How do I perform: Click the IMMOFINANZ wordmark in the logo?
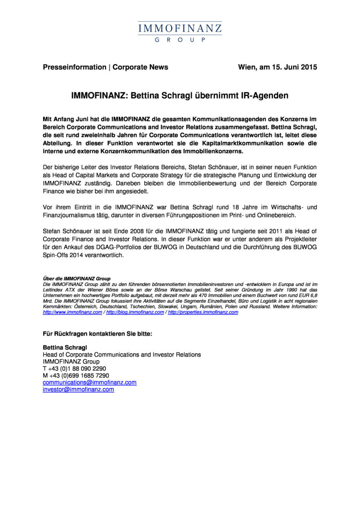click(x=180, y=28)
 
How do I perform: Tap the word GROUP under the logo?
click(x=180, y=40)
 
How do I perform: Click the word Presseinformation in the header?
click(x=75, y=67)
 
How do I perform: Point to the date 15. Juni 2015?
click(x=294, y=67)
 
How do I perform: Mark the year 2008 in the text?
click(x=137, y=231)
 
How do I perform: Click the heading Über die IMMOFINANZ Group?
click(x=77, y=279)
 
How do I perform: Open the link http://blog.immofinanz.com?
click(x=135, y=312)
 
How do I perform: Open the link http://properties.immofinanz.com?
click(x=203, y=312)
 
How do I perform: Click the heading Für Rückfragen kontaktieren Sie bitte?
click(x=98, y=334)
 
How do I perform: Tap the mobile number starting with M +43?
click(x=76, y=375)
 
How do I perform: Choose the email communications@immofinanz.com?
click(x=89, y=382)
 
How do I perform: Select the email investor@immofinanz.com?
click(x=78, y=390)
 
